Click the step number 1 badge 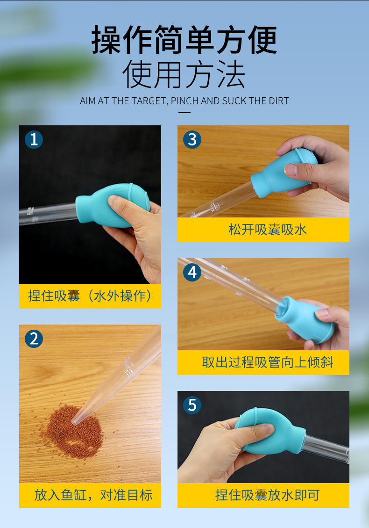point(34,139)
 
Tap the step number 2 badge point(34,339)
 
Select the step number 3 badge point(192,139)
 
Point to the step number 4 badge point(192,272)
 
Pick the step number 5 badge point(192,405)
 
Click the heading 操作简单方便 point(184,40)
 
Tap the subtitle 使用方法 point(184,74)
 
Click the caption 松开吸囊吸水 point(268,230)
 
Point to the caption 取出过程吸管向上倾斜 point(268,362)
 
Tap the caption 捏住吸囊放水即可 point(268,495)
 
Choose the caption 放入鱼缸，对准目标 point(93,495)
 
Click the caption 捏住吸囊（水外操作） point(90,296)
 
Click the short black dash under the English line point(184,112)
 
